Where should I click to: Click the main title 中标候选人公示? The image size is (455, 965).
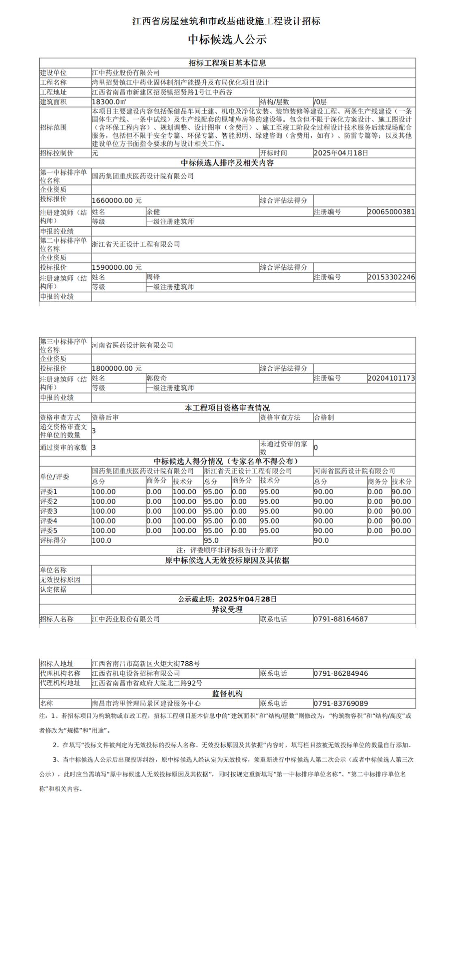227,40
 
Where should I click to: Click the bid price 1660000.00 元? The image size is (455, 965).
116,200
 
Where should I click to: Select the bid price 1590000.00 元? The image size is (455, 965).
116,267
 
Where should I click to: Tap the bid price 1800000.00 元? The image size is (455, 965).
116,368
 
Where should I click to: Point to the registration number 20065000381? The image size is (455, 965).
391,212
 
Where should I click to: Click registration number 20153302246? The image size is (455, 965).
391,277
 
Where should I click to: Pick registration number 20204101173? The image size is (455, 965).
391,378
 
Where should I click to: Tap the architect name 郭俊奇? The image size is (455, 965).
156,378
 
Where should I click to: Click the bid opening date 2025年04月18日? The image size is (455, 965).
341,153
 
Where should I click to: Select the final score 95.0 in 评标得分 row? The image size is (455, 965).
211,540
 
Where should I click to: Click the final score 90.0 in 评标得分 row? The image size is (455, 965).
321,540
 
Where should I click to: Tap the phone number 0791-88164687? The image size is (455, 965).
341,619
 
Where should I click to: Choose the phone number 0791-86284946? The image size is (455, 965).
341,673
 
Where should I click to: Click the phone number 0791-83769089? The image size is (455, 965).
341,703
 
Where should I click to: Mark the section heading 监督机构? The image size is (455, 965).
227,694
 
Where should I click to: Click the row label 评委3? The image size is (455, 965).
49,511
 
